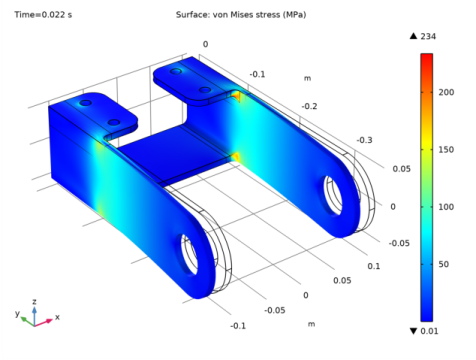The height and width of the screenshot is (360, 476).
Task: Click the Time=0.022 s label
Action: tap(41, 15)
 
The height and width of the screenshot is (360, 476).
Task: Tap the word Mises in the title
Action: tap(246, 15)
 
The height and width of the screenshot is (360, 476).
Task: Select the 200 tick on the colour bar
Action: tap(447, 91)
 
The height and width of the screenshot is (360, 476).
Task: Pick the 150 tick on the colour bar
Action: tap(447, 149)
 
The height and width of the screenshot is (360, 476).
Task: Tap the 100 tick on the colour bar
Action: tap(447, 207)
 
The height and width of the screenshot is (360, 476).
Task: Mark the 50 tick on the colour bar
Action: tap(445, 265)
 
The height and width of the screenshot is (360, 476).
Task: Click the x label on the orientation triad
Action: tap(57, 317)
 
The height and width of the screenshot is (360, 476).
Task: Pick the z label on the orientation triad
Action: tap(35, 300)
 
